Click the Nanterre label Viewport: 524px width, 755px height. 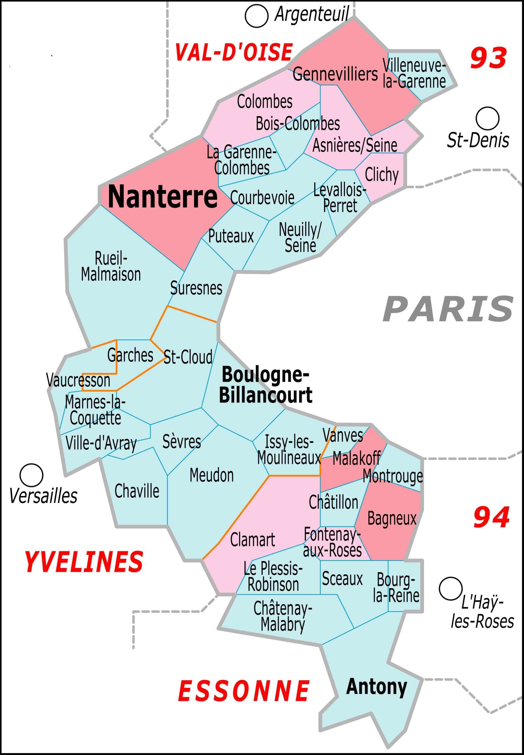tap(162, 197)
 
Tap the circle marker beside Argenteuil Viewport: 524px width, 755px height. tap(256, 17)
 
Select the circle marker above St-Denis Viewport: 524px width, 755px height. tap(487, 118)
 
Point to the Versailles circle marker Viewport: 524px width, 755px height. tap(32, 475)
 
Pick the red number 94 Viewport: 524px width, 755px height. tap(491, 517)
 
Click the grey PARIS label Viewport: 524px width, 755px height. tap(448, 309)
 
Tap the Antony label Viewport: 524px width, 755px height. tap(377, 687)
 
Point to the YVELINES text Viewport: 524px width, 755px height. tap(84, 562)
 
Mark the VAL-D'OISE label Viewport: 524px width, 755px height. tap(233, 52)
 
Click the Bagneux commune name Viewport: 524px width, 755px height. tap(392, 518)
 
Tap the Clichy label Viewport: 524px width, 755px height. tap(382, 175)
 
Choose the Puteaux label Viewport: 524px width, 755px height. tap(231, 236)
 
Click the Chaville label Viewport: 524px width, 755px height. tap(136, 491)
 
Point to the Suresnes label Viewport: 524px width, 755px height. tap(196, 288)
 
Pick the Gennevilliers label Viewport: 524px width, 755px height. tap(335, 74)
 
